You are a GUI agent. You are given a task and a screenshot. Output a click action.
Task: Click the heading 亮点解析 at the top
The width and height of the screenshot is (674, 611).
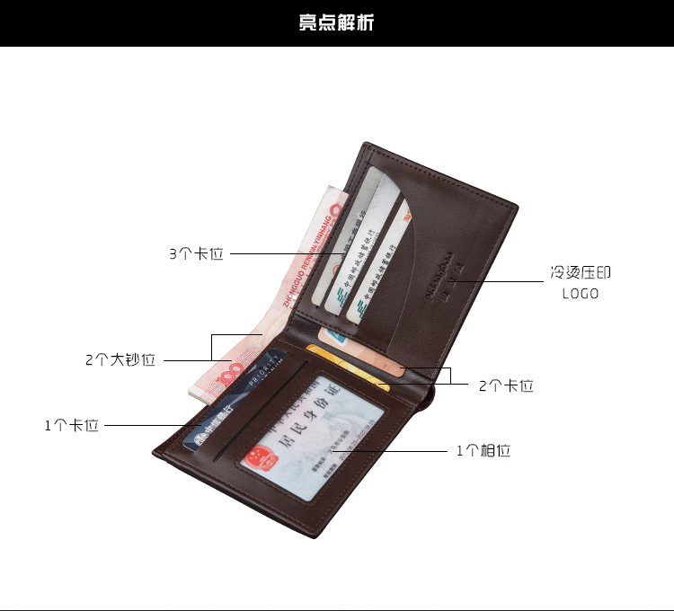(337, 22)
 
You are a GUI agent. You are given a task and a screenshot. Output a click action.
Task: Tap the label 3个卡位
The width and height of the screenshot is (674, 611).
(196, 254)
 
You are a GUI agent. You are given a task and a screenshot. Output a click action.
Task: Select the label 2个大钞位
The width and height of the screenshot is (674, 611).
(120, 360)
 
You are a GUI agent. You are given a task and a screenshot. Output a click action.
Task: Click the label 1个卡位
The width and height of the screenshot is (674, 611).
(72, 425)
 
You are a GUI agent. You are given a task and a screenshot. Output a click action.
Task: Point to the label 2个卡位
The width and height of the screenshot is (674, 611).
(506, 385)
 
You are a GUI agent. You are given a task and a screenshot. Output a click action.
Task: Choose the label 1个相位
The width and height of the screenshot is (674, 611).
(483, 451)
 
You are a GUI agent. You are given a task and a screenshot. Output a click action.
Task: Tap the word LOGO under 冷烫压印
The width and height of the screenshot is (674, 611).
(581, 294)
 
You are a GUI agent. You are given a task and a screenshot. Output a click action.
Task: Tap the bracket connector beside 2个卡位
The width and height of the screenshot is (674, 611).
(448, 376)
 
